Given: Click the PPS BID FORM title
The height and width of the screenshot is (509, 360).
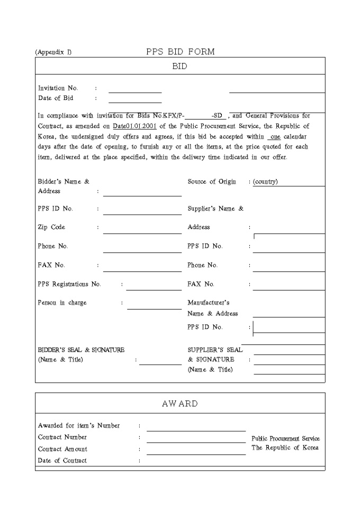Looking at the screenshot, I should [x=180, y=52].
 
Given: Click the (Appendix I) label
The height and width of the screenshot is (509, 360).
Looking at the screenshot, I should [x=53, y=52].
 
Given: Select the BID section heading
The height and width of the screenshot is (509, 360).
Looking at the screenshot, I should [x=180, y=67].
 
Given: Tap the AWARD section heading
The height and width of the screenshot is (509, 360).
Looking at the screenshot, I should [x=180, y=404].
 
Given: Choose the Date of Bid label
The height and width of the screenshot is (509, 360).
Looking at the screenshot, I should [x=56, y=98].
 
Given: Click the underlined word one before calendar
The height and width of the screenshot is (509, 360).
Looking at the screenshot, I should [x=275, y=137].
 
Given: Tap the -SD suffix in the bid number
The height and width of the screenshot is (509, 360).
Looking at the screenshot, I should [x=218, y=116].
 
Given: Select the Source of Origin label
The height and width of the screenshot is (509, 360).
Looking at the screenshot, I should [x=212, y=181].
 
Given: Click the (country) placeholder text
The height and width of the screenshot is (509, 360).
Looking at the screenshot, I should [x=266, y=181].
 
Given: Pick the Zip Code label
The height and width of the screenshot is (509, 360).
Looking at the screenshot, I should [x=51, y=228].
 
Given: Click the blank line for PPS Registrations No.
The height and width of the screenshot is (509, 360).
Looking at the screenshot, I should [x=154, y=289].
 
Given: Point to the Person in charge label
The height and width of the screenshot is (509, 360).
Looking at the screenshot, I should [x=62, y=303].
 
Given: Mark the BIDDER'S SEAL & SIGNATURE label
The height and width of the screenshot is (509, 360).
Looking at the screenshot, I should [x=81, y=350].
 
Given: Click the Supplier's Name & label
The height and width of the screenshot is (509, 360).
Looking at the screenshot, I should [x=215, y=208].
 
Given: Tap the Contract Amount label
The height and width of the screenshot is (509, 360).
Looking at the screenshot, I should [x=62, y=449].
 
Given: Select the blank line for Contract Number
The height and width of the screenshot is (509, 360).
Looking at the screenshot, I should [x=196, y=441].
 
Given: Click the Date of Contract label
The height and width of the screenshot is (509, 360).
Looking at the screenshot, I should [x=62, y=461].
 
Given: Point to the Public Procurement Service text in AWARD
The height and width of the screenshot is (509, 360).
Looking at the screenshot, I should [x=285, y=439].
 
